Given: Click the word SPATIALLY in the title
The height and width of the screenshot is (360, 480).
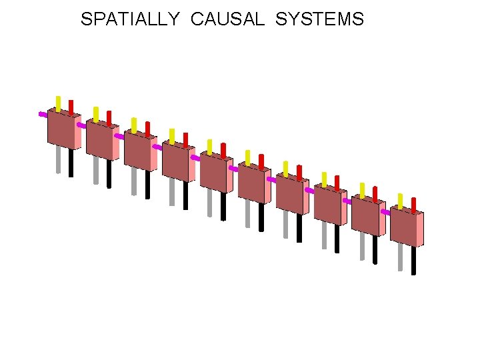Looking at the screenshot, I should point(130,19).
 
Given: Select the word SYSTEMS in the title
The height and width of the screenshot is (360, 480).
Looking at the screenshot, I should point(319,19).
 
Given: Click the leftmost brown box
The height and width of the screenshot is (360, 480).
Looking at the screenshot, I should point(61,129).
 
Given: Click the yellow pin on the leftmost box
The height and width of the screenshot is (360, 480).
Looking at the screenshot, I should point(59,104).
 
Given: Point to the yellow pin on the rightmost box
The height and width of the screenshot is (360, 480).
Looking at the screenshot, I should point(401,201).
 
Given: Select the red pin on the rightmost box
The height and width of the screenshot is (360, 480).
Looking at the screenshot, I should point(414,205).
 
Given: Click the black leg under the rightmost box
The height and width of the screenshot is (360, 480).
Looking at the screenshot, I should point(414,260).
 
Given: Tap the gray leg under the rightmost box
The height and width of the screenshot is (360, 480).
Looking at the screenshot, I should point(401,257).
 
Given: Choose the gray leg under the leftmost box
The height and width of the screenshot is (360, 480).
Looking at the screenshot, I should point(59,160).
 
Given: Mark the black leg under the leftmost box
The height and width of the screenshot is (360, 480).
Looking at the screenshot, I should point(71,163).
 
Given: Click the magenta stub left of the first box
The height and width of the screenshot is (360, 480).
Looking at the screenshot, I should point(43,114).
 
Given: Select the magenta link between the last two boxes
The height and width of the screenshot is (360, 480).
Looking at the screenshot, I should point(385,212).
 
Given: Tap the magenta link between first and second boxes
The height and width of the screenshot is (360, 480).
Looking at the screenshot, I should point(81,125).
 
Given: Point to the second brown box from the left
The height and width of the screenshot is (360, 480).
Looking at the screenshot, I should point(100,139).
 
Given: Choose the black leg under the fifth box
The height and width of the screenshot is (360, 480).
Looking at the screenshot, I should point(223,207).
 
